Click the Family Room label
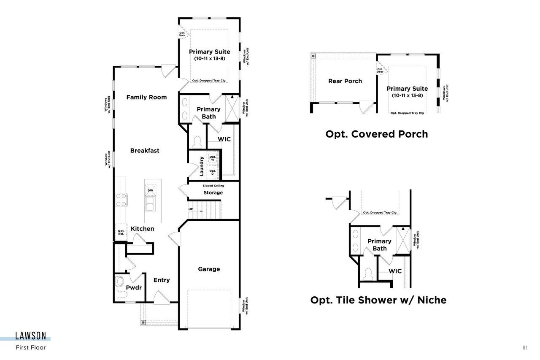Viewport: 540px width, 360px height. (146, 97)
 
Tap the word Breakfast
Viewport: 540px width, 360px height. (145, 151)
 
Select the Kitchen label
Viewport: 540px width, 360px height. (142, 229)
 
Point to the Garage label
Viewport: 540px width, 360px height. (209, 269)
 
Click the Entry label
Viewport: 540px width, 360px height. (162, 280)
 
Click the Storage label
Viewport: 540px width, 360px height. (213, 193)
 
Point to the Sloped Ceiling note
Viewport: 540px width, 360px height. (213, 186)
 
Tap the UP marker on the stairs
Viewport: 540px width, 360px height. (191, 209)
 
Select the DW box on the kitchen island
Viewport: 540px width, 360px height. (150, 191)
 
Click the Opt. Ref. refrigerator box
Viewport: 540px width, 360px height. (121, 233)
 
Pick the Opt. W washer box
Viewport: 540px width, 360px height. (213, 159)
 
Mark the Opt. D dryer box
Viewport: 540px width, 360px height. (213, 172)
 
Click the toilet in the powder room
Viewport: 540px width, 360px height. (120, 282)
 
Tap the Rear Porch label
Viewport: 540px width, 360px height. (345, 81)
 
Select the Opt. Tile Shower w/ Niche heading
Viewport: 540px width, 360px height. (378, 300)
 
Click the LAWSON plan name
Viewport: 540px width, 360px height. (30, 336)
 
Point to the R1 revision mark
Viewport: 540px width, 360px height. (525, 348)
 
